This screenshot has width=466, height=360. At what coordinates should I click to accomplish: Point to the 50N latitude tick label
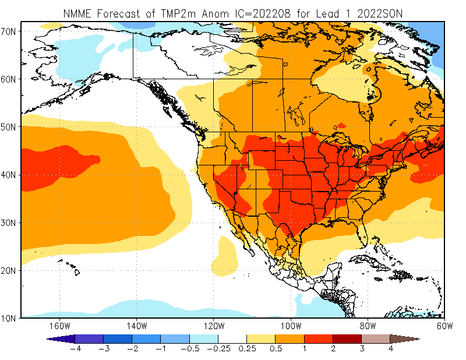pos(10,126)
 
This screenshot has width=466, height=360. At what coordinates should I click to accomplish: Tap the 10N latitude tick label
pos(10,318)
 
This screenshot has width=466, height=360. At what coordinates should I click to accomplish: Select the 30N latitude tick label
pos(10,223)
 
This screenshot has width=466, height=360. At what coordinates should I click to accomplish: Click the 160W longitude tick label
pos(59,326)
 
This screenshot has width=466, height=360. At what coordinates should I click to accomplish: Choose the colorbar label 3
pos(361,350)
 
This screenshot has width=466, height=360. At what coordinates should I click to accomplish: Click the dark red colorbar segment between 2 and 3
pos(347,338)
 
